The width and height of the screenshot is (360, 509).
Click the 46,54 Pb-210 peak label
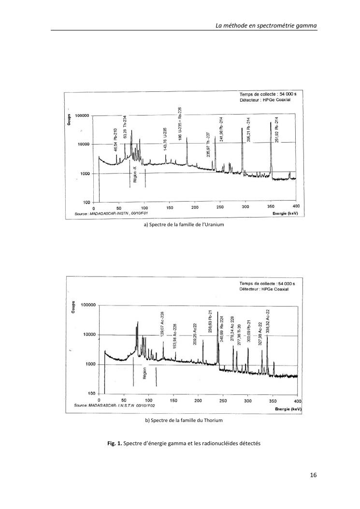(116, 144)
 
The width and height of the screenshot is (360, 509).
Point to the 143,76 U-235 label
(165, 141)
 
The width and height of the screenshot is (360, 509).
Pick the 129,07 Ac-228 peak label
(163, 328)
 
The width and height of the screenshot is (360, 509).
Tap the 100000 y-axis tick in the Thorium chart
(88, 305)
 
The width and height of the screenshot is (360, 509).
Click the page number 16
(313, 475)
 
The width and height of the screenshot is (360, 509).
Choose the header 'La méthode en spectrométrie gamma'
(266, 25)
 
